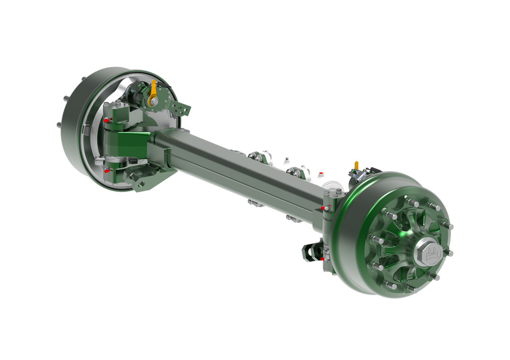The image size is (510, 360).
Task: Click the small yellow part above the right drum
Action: pos(357,164)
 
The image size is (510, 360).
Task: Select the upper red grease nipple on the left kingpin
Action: pos(106,120)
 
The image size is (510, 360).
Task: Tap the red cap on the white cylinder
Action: pos(320,174)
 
